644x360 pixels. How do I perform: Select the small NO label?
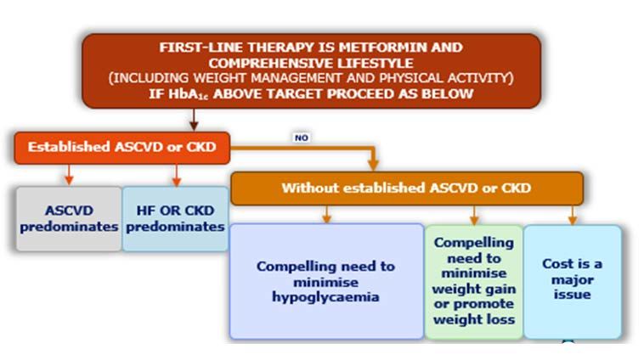click(x=302, y=138)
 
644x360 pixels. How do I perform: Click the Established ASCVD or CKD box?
click(x=122, y=148)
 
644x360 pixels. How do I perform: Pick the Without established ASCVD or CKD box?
click(x=407, y=188)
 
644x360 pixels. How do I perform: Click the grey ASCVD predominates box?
click(x=69, y=219)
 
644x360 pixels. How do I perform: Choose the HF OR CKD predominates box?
click(x=175, y=219)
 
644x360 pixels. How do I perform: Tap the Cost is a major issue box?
click(x=573, y=282)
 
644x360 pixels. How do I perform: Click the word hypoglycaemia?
click(x=325, y=297)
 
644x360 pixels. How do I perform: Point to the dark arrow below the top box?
click(x=194, y=120)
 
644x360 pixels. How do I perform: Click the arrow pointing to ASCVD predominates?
click(x=69, y=175)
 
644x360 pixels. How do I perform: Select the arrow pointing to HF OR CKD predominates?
click(x=177, y=175)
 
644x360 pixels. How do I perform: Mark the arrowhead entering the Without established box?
click(x=373, y=165)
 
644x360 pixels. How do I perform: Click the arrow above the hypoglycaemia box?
click(x=326, y=214)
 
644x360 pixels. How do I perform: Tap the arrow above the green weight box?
click(x=474, y=215)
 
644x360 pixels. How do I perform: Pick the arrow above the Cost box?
click(x=573, y=215)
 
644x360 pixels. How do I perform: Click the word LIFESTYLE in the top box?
click(x=375, y=63)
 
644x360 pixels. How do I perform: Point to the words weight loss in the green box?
click(x=474, y=320)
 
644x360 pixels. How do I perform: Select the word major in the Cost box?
click(x=573, y=280)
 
